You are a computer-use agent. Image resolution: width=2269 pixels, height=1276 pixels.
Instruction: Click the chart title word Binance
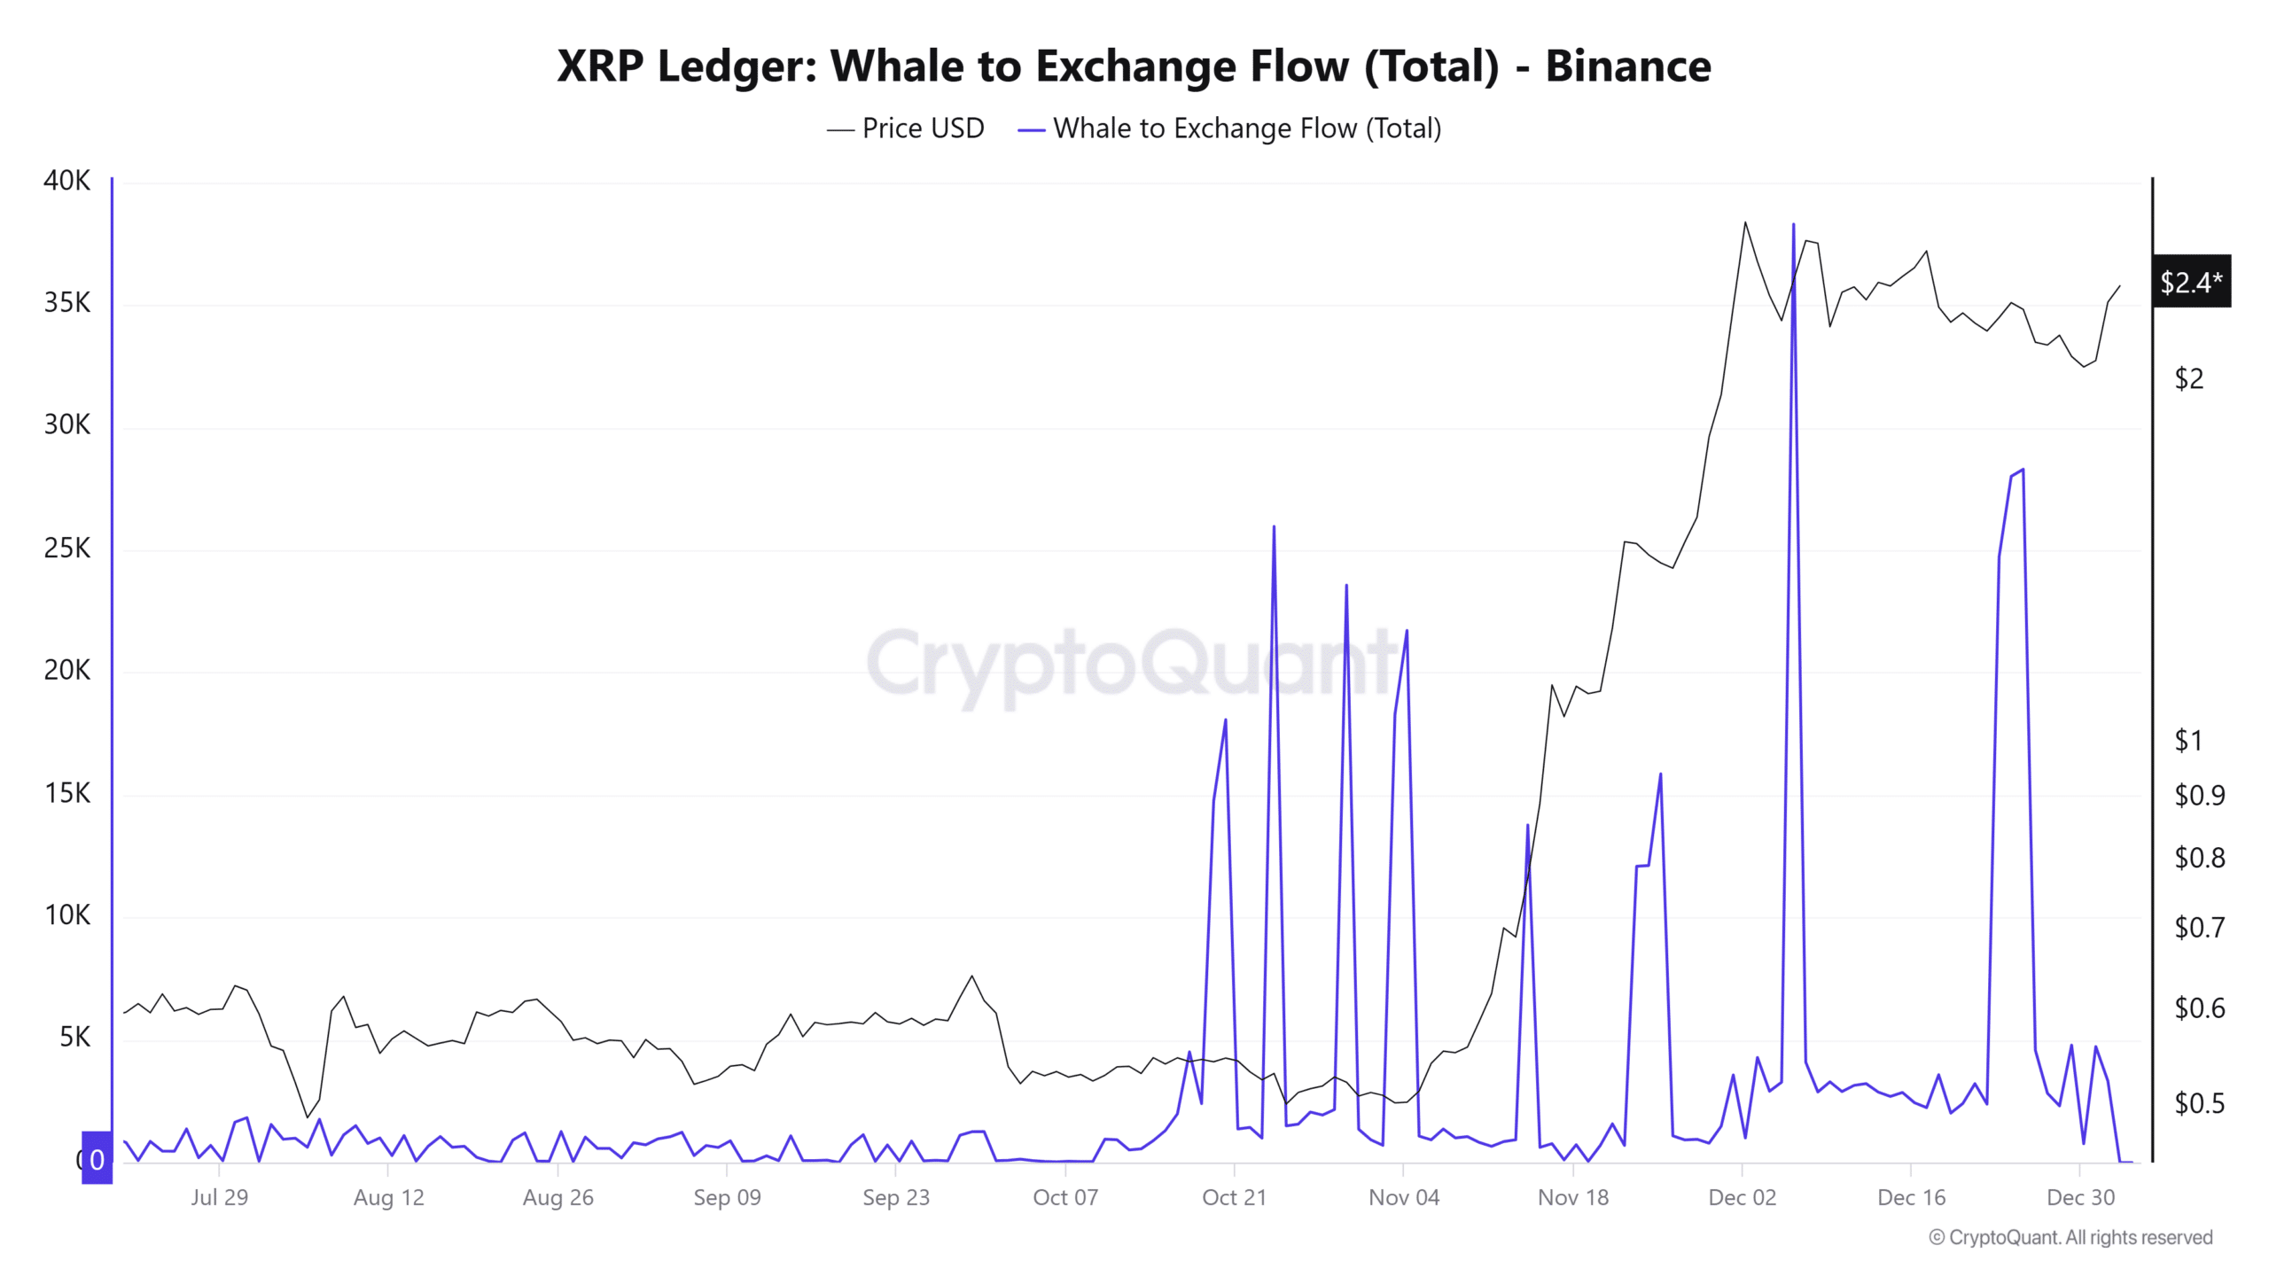[1627, 66]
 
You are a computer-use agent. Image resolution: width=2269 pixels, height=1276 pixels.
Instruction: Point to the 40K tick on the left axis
[66, 181]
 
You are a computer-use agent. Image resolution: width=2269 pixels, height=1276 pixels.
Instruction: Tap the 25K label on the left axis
[66, 549]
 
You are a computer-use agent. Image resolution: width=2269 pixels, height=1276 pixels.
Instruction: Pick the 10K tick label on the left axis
[66, 914]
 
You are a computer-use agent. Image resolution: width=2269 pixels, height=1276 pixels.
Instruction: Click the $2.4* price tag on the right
[2190, 282]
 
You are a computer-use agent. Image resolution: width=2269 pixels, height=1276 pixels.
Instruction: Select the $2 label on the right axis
[2188, 378]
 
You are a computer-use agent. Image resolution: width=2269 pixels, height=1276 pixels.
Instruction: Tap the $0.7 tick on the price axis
[2199, 927]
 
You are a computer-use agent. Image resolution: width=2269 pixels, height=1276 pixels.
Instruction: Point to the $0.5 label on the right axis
[2199, 1102]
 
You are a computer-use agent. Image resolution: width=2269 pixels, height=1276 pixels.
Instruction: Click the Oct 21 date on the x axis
[1234, 1198]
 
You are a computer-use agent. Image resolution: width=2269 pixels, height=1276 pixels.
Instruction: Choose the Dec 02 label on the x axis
[1742, 1198]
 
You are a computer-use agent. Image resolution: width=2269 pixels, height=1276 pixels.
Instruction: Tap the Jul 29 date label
[219, 1198]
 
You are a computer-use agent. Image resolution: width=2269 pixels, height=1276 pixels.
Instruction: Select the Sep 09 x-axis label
[727, 1198]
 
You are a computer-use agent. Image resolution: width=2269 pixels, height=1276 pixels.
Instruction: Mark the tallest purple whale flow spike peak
[1793, 225]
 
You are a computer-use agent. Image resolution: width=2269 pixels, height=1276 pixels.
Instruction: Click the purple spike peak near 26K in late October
[1274, 527]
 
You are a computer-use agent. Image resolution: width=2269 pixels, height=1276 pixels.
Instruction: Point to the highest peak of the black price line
[1745, 222]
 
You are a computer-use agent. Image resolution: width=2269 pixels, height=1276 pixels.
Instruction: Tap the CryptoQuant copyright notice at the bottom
[2070, 1237]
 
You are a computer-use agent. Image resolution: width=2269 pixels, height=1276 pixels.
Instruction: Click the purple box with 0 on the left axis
[97, 1158]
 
